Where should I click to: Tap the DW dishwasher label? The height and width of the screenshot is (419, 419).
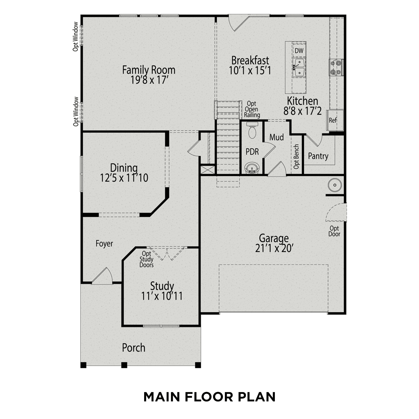click(x=299, y=51)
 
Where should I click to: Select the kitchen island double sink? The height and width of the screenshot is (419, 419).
click(x=299, y=68)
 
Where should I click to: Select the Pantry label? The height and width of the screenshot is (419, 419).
click(x=318, y=156)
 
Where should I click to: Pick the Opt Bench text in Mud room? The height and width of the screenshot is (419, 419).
click(x=296, y=156)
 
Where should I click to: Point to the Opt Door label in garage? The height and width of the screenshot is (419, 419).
click(x=334, y=231)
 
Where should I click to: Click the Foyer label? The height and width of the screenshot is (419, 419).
click(x=104, y=244)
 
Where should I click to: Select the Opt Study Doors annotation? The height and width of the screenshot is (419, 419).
click(x=146, y=259)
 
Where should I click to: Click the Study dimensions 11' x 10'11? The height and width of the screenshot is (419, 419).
click(x=162, y=296)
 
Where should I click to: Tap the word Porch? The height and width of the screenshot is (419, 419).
click(x=134, y=348)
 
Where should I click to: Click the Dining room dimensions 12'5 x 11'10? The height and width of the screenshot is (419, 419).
click(x=124, y=178)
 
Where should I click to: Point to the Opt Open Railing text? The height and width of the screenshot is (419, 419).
click(x=252, y=109)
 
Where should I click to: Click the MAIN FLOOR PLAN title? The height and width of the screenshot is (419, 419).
click(x=209, y=397)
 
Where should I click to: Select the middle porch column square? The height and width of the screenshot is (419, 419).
click(x=124, y=365)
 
